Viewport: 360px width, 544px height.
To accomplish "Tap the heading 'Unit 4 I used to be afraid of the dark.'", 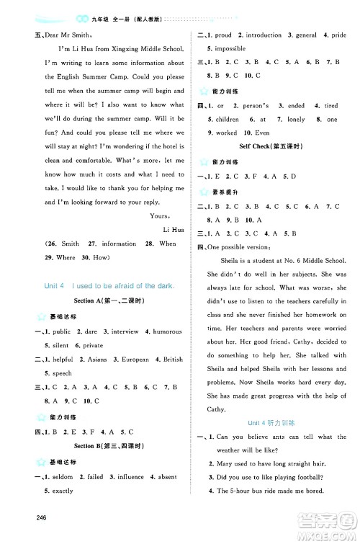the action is tap(110, 285).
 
